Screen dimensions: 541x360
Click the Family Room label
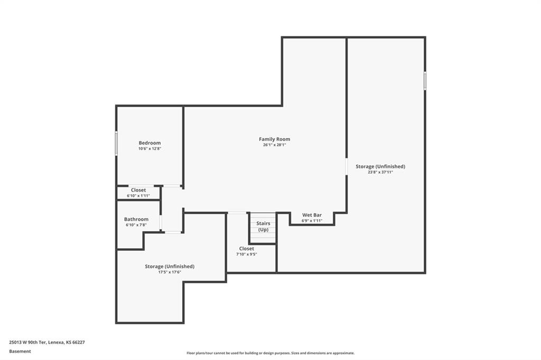(274, 139)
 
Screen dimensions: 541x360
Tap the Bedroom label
(150, 143)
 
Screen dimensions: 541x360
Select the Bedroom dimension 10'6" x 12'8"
(150, 149)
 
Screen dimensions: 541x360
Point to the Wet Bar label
(312, 215)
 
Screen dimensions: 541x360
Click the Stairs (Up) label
(263, 226)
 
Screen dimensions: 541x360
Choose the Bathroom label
(136, 219)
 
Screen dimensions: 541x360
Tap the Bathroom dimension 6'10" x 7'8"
(136, 225)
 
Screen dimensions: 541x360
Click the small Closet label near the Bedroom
(138, 190)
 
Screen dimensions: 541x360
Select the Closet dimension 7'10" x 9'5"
(246, 254)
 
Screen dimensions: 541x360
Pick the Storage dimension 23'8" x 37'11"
(380, 172)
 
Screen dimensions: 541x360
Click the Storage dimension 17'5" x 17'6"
(170, 272)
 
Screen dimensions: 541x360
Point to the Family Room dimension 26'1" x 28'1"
(274, 145)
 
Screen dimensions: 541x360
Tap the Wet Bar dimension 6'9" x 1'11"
(312, 221)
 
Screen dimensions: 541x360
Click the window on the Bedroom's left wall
(116, 143)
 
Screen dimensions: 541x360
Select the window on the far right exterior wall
(425, 81)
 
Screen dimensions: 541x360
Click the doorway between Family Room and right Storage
(346, 167)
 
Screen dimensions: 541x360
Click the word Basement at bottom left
(20, 352)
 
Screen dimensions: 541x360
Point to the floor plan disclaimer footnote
(270, 353)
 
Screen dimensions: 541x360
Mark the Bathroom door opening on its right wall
(161, 223)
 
